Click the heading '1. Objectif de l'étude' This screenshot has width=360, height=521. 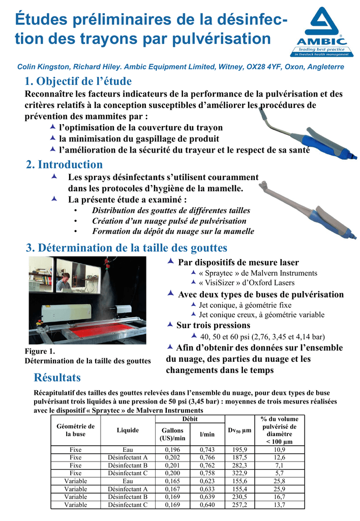click(78, 81)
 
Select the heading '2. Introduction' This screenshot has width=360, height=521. click(65, 164)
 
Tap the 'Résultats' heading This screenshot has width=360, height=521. click(57, 378)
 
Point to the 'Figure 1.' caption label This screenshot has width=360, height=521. click(40, 351)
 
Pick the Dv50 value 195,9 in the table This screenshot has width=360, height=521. click(240, 450)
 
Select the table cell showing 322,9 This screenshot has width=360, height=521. click(240, 473)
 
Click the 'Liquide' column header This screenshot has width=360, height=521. click(128, 430)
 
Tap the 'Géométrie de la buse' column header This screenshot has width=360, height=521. click(75, 430)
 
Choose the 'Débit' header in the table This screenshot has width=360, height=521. click(190, 419)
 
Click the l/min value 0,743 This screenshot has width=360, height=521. click(207, 450)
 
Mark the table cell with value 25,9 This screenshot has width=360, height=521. click(279, 489)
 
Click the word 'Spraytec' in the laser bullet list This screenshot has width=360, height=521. click(220, 273)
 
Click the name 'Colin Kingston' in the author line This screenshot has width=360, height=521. click(43, 67)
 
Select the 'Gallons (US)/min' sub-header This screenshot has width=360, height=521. click(172, 434)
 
